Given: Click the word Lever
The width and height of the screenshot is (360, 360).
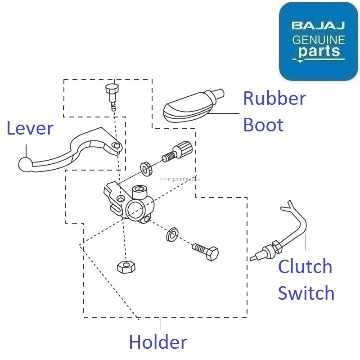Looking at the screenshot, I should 30,129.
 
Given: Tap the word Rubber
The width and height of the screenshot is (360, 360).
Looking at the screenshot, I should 274,99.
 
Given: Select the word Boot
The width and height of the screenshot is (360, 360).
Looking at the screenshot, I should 263,125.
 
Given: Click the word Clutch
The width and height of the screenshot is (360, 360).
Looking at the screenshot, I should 305,267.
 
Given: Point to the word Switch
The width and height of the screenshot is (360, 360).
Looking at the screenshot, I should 306,293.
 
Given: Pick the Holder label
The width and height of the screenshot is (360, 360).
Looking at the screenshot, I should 158,343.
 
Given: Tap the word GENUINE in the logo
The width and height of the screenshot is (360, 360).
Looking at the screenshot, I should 319,40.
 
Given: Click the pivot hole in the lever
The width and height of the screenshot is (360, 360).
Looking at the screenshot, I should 116,146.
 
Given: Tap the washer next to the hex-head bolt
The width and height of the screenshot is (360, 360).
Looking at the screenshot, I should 171,234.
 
